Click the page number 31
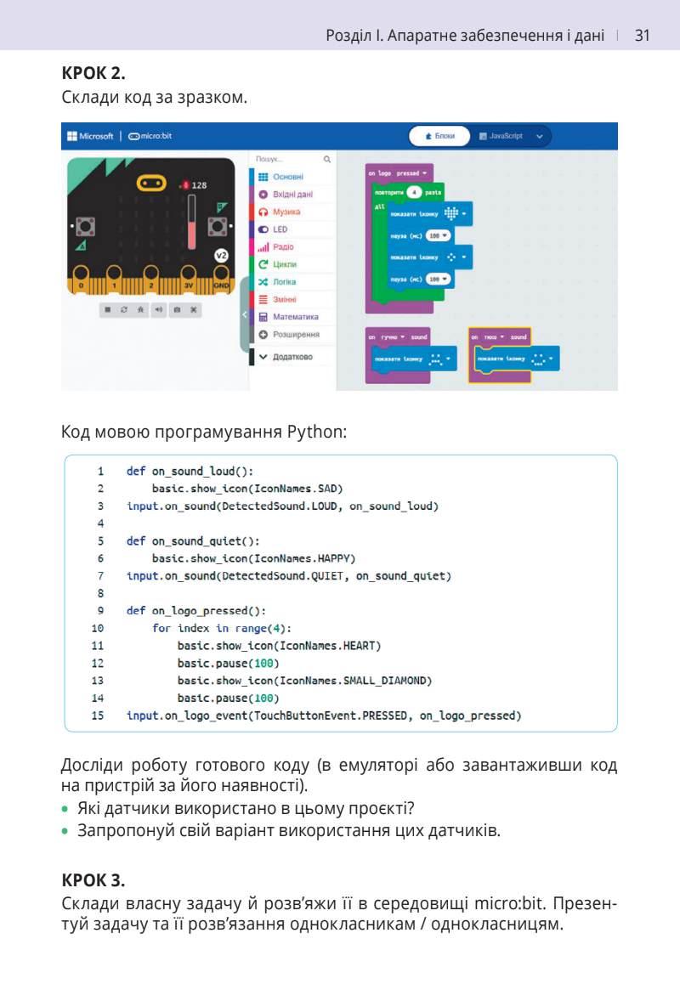[x=643, y=36]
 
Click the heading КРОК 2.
[x=93, y=73]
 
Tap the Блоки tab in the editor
[x=439, y=136]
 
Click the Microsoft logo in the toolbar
[x=90, y=136]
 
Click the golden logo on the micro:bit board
[x=150, y=183]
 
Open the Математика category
[x=295, y=317]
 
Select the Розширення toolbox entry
[x=296, y=335]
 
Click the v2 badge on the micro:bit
[x=221, y=255]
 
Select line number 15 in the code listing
[x=98, y=715]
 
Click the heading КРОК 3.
[x=93, y=879]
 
